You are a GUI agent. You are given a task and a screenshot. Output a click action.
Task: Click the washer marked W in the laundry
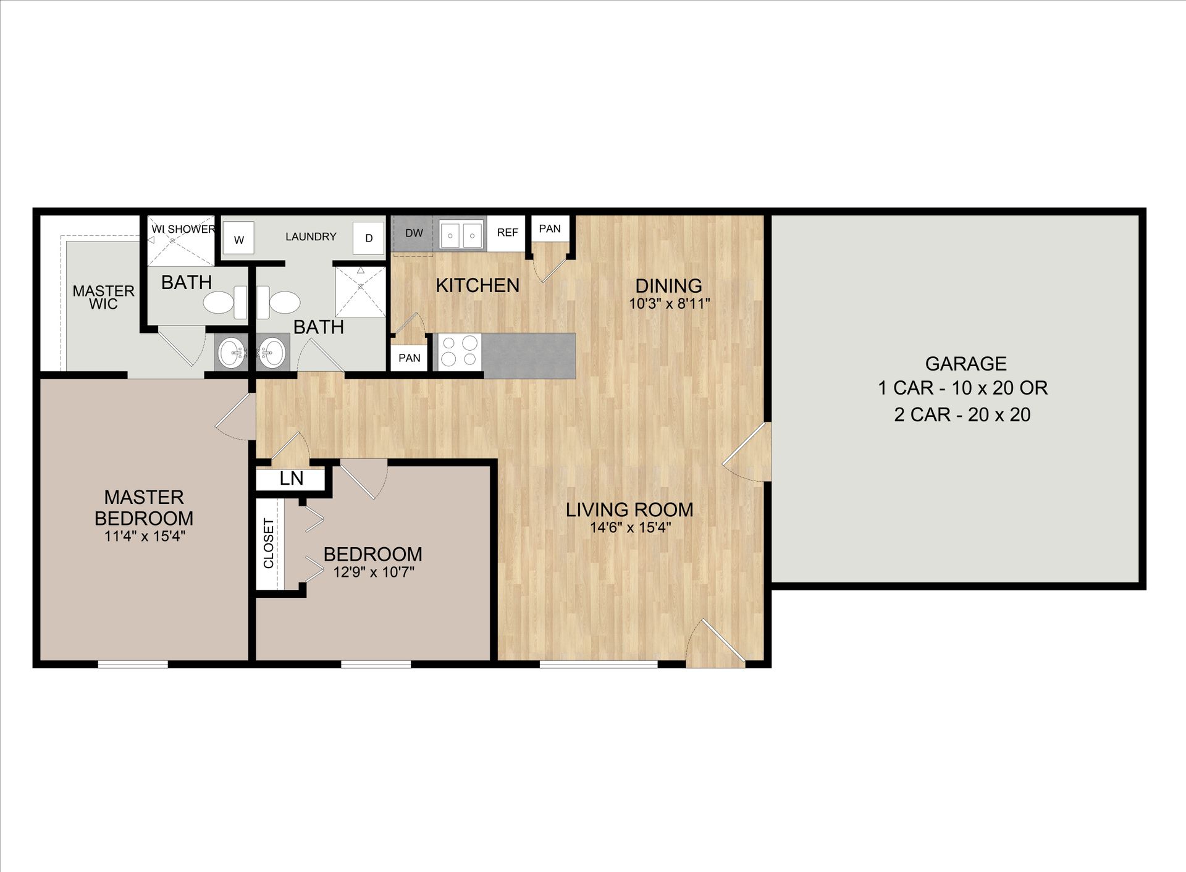click(238, 239)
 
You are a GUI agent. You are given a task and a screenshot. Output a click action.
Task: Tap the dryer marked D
click(368, 238)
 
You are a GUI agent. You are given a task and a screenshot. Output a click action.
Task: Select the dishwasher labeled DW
click(413, 233)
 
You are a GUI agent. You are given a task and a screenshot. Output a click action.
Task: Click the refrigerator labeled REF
click(507, 233)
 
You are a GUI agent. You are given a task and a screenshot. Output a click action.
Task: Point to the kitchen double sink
click(460, 234)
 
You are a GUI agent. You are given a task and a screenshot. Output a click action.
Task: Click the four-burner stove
click(458, 350)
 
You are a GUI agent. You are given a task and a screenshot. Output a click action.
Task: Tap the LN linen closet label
click(291, 479)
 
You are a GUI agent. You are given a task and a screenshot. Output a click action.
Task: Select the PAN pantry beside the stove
click(409, 358)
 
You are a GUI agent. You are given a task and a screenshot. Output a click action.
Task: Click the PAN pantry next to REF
click(549, 229)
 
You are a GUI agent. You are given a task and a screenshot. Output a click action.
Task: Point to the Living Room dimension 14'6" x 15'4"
click(630, 527)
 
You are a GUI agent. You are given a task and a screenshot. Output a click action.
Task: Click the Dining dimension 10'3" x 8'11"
click(669, 304)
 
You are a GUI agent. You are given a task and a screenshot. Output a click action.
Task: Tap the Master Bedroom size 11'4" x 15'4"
click(144, 536)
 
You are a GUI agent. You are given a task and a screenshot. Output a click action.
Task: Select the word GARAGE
click(965, 364)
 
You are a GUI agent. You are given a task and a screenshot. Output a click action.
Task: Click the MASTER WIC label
click(103, 297)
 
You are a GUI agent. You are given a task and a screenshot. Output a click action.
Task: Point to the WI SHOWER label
click(183, 229)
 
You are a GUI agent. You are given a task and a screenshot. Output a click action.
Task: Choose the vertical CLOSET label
click(269, 543)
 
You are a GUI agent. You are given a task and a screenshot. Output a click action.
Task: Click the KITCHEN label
click(477, 285)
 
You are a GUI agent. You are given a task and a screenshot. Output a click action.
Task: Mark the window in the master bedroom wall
click(133, 664)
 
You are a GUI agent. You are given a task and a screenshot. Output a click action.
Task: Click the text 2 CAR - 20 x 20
click(962, 414)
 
